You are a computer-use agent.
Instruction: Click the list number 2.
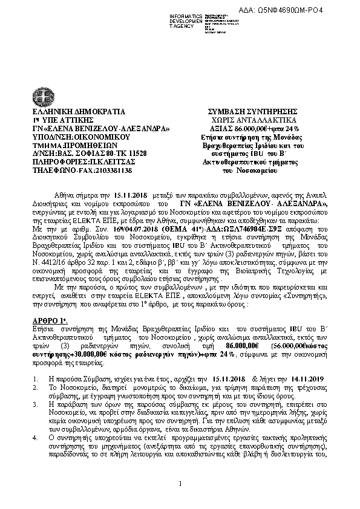[34, 385]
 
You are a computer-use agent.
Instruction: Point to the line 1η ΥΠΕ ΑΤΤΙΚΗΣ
[58, 121]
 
